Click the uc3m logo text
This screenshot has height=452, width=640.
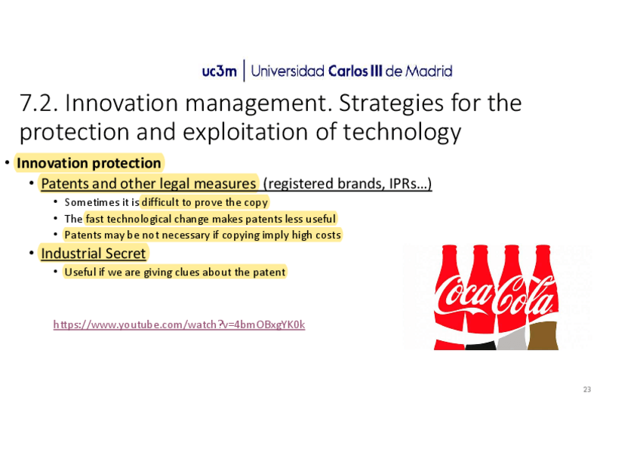click(219, 72)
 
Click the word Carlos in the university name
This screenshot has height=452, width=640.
click(348, 71)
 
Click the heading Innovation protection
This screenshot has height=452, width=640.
click(89, 163)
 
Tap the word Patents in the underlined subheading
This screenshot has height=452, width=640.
click(65, 183)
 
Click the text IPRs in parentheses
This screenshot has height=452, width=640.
click(403, 183)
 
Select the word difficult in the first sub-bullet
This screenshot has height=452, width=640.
click(161, 202)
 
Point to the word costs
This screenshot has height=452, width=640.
click(328, 235)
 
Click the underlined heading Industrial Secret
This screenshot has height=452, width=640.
click(94, 254)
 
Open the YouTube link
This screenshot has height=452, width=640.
click(179, 324)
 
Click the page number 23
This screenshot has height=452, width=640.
click(587, 389)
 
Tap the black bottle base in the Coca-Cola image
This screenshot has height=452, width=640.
click(481, 346)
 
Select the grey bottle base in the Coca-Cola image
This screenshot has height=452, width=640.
click(512, 340)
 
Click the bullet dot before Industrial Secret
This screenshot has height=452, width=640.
click(32, 254)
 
